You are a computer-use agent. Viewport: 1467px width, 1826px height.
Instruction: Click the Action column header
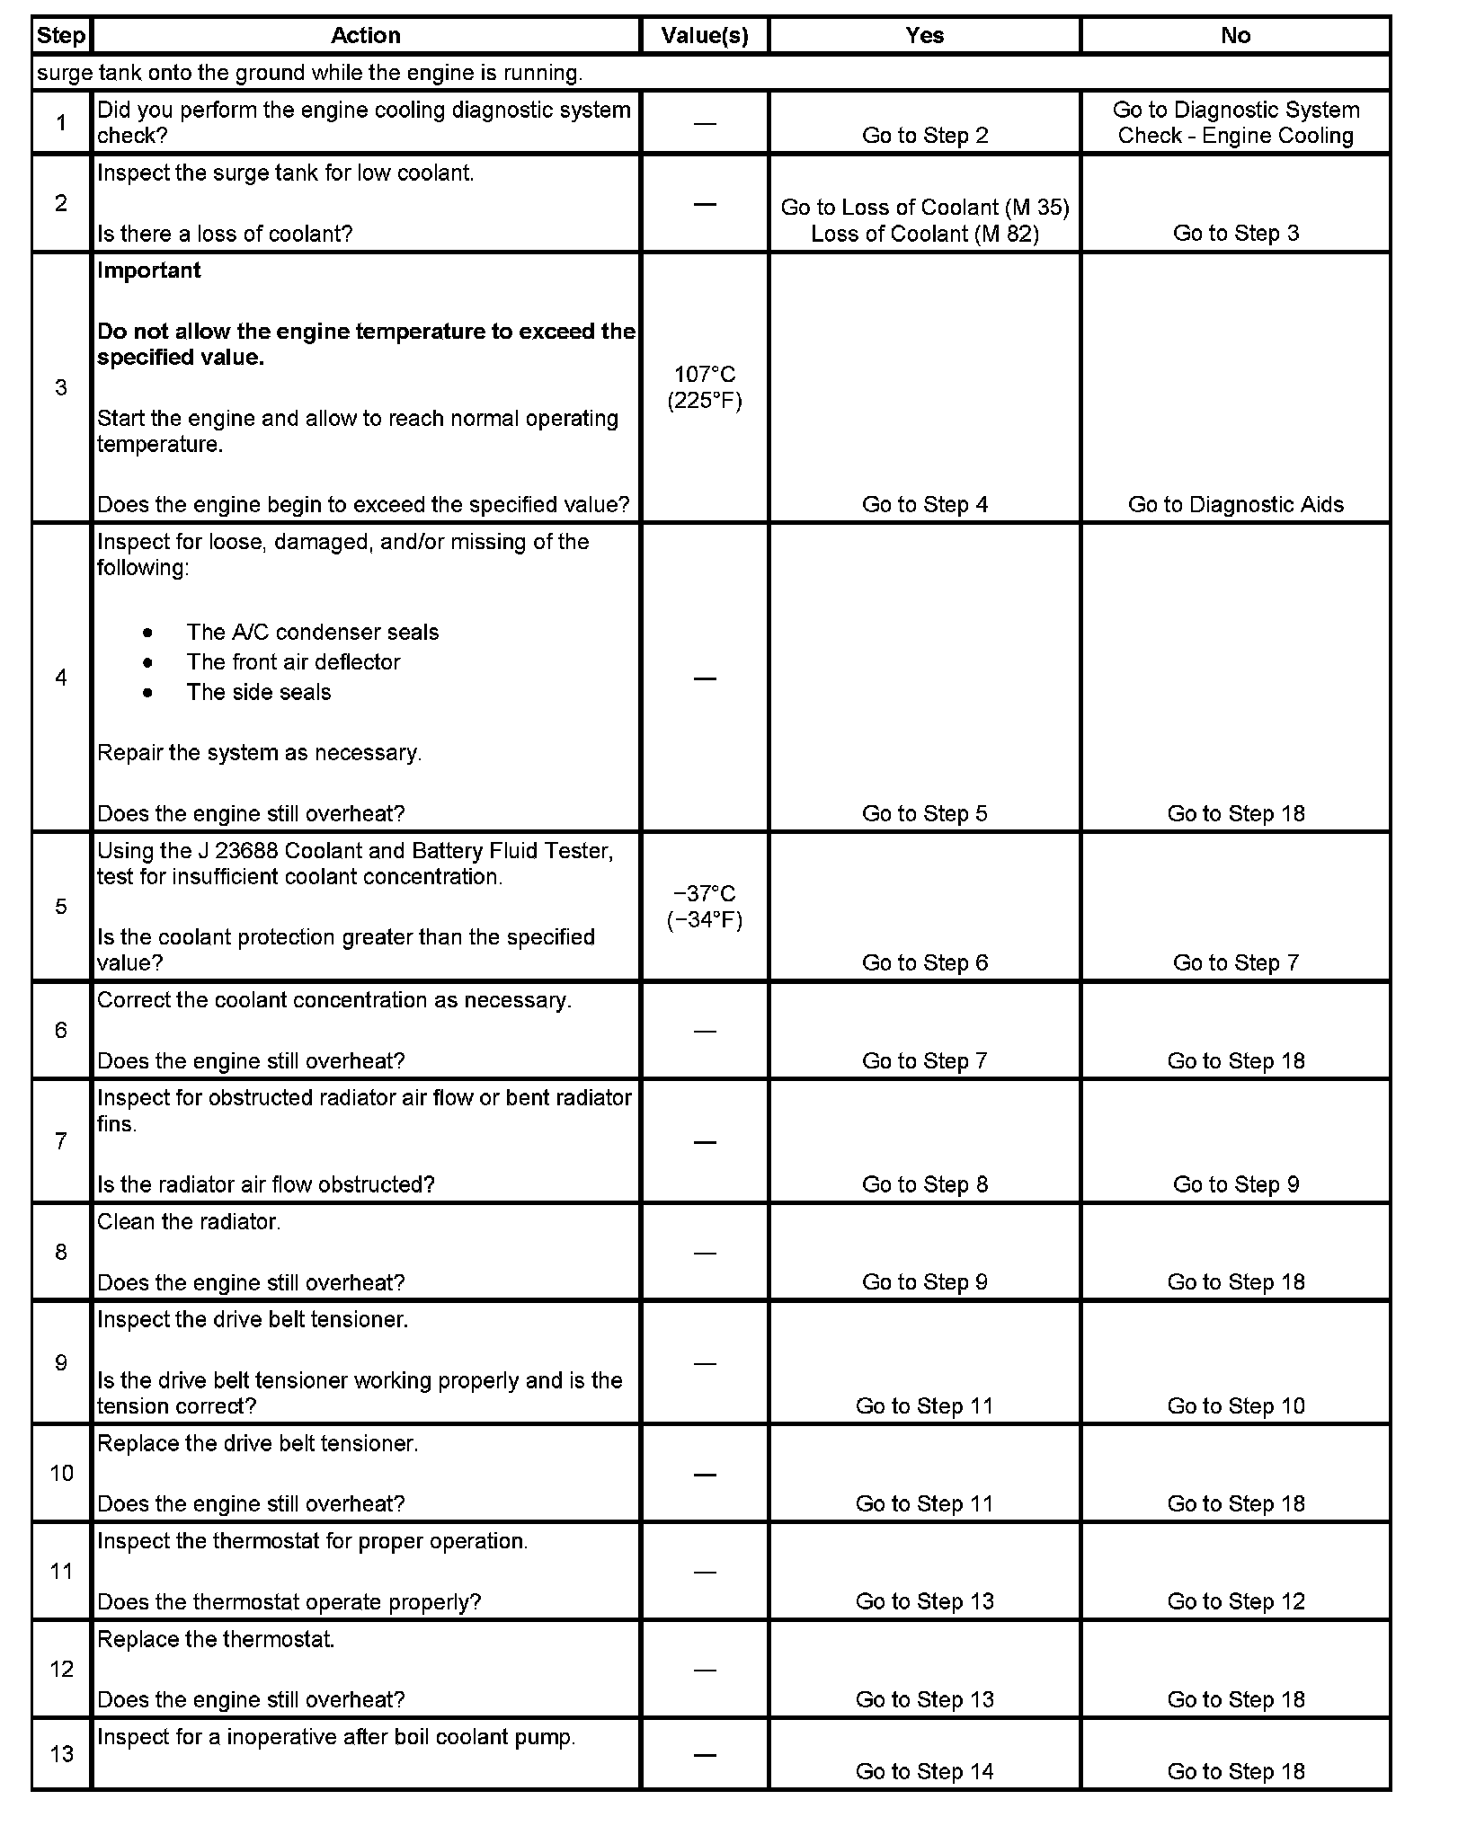click(365, 36)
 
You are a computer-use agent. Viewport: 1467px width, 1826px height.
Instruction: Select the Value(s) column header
click(704, 36)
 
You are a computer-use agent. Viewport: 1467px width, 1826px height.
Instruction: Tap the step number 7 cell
click(61, 1141)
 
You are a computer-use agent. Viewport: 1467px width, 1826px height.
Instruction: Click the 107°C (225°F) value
click(705, 387)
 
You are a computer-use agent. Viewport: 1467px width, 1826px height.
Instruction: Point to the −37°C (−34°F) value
click(705, 907)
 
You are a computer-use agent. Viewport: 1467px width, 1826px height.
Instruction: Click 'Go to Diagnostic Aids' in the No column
click(1235, 505)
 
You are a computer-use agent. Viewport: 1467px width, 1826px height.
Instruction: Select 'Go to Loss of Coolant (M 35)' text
click(924, 208)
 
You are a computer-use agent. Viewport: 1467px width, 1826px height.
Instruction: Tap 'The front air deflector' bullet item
click(293, 662)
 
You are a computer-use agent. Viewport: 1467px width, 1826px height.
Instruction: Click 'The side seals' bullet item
click(259, 693)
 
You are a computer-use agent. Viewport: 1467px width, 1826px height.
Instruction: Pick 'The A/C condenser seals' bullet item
click(312, 633)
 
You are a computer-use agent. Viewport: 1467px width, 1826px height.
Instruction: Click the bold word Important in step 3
click(149, 270)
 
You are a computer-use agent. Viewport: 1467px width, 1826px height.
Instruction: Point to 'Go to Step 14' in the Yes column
click(924, 1771)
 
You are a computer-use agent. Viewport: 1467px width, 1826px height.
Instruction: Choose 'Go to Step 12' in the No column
click(1235, 1601)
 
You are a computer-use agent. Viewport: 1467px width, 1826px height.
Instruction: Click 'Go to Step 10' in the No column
click(1235, 1406)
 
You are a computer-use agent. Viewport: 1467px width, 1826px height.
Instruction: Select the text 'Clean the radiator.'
click(189, 1222)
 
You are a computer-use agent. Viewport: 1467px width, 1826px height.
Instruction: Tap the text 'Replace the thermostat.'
click(216, 1639)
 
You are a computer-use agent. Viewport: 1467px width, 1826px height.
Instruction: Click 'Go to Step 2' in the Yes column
click(924, 136)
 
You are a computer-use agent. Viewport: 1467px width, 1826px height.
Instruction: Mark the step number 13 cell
click(61, 1753)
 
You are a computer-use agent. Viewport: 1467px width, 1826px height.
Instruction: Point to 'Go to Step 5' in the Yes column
click(924, 814)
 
